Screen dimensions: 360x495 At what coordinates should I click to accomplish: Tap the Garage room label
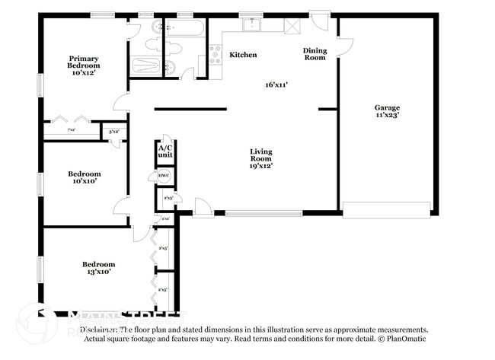tap(387, 111)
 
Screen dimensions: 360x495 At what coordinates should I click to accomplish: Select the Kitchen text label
tap(243, 55)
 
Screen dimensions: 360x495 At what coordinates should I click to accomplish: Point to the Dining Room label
tap(315, 54)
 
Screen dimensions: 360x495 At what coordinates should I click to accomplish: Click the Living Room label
tap(261, 158)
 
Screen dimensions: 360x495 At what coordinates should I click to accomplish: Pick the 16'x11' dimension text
tap(276, 84)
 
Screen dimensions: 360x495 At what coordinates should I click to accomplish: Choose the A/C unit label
tap(165, 151)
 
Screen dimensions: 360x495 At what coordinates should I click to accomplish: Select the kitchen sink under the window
tap(251, 25)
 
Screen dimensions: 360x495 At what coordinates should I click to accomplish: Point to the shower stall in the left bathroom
tap(147, 65)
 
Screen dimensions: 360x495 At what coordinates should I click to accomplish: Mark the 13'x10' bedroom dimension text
tap(98, 272)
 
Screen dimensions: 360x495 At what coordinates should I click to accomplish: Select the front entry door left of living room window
tap(203, 206)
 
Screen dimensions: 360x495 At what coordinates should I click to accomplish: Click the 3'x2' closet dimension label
tap(114, 132)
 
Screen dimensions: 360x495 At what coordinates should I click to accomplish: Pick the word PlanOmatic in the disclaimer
tap(407, 339)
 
